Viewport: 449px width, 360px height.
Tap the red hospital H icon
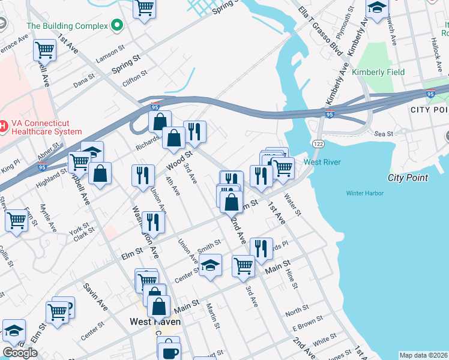coord(3,126)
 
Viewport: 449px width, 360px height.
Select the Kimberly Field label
coord(378,72)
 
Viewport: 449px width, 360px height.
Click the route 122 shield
coord(318,143)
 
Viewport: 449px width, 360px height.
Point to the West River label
coord(322,162)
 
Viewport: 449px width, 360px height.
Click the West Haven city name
coord(155,322)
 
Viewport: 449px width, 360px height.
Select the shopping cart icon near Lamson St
coord(45,50)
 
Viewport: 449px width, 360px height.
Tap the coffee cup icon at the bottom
coord(168,350)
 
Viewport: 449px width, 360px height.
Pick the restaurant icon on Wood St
coord(143,175)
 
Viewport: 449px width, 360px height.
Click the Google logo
coord(20,353)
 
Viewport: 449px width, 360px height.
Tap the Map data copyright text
coord(423,355)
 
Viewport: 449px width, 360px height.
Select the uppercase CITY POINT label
coord(429,110)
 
